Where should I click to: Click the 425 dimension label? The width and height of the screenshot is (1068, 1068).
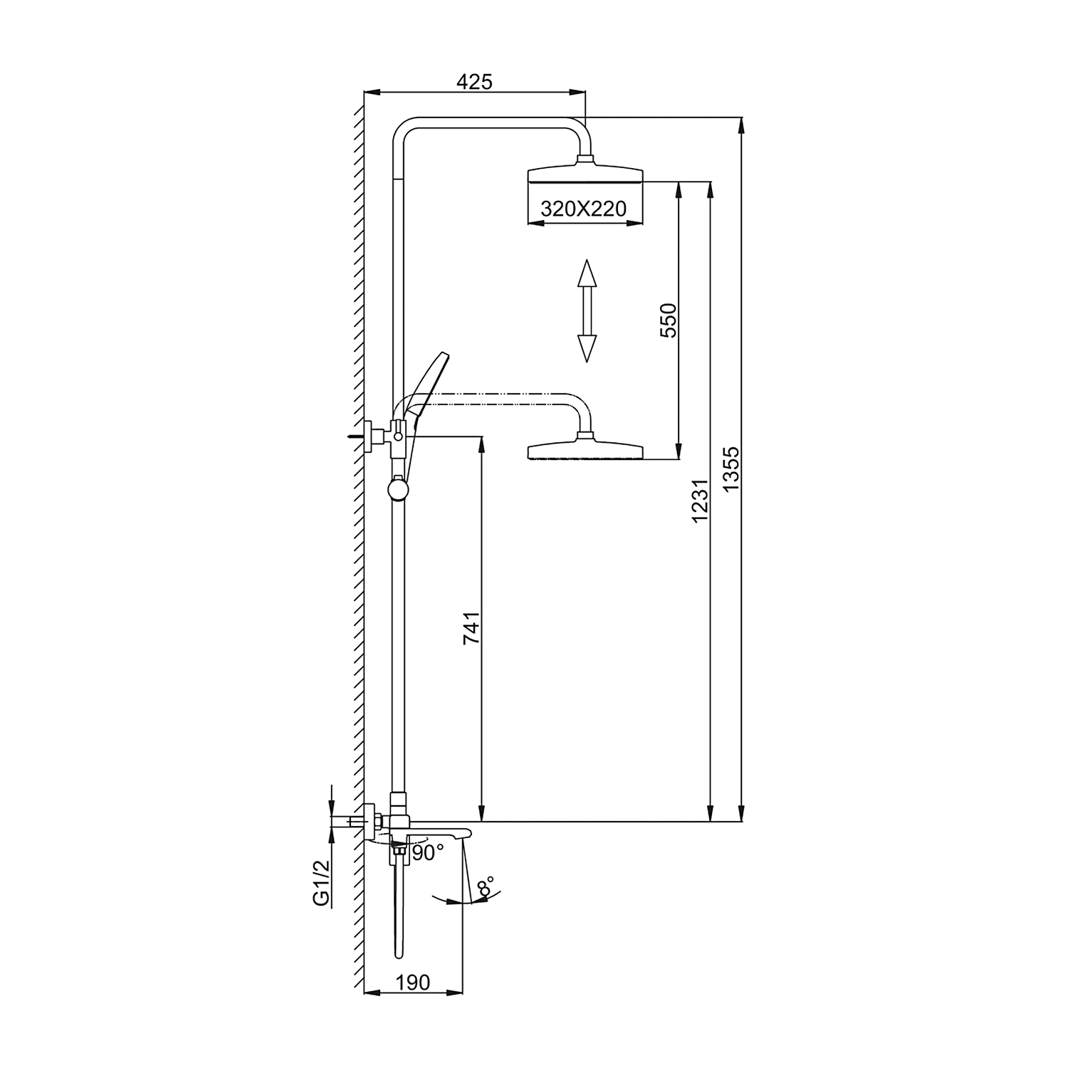click(x=474, y=81)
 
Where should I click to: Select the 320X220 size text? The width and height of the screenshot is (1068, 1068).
click(x=583, y=208)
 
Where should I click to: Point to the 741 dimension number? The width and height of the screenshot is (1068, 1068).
click(x=472, y=627)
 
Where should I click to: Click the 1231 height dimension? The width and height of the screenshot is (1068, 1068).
click(x=700, y=501)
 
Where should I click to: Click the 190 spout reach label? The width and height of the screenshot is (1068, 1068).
click(x=413, y=982)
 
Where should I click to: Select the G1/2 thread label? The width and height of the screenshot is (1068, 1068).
click(x=321, y=882)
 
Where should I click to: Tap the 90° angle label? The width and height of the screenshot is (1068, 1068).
click(x=427, y=852)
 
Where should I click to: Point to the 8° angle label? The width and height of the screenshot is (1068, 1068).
click(x=486, y=888)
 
